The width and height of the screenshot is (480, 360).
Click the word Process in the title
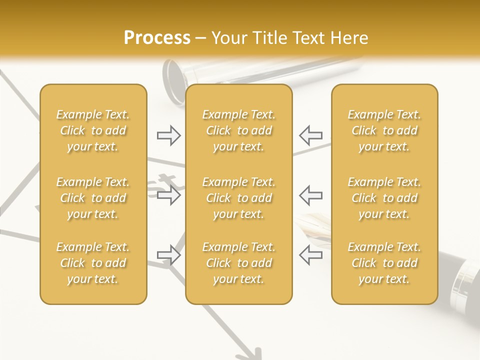tap(157, 38)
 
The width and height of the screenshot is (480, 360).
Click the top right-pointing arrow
tap(168, 135)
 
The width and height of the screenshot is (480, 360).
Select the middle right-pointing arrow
tap(168, 195)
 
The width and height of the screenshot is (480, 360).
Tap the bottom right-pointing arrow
tap(168, 255)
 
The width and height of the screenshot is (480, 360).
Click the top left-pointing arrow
tap(310, 135)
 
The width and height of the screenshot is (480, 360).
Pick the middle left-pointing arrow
tap(310, 195)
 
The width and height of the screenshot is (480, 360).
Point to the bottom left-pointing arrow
tap(310, 255)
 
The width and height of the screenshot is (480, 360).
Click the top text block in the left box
tap(93, 130)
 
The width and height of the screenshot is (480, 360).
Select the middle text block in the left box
tap(93, 198)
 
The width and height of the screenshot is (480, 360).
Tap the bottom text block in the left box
tap(93, 263)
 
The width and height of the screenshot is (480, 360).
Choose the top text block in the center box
tap(239, 130)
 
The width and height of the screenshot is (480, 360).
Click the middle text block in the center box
tap(239, 198)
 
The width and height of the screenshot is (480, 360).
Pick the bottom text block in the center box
tap(239, 263)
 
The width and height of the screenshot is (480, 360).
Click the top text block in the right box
tap(384, 130)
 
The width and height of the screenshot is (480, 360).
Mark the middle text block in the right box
tap(384, 198)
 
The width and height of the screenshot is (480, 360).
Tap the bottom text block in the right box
tap(384, 263)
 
